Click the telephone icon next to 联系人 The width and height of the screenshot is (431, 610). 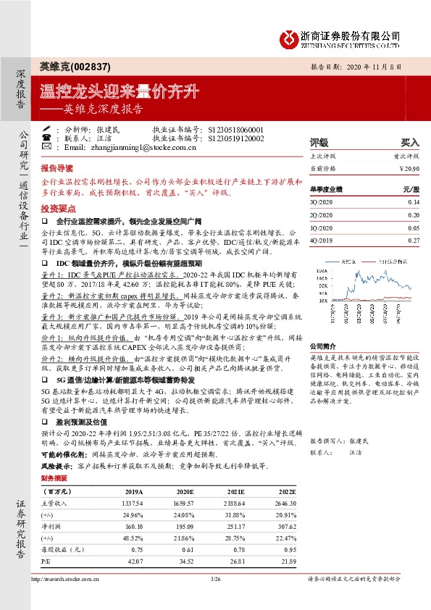pos(46,138)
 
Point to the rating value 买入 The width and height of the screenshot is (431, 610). pos(410,143)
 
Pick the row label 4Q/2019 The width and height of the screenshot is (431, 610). pos(322,239)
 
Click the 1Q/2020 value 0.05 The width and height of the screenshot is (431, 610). pos(413,227)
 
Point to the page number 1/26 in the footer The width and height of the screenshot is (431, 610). pos(215,578)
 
